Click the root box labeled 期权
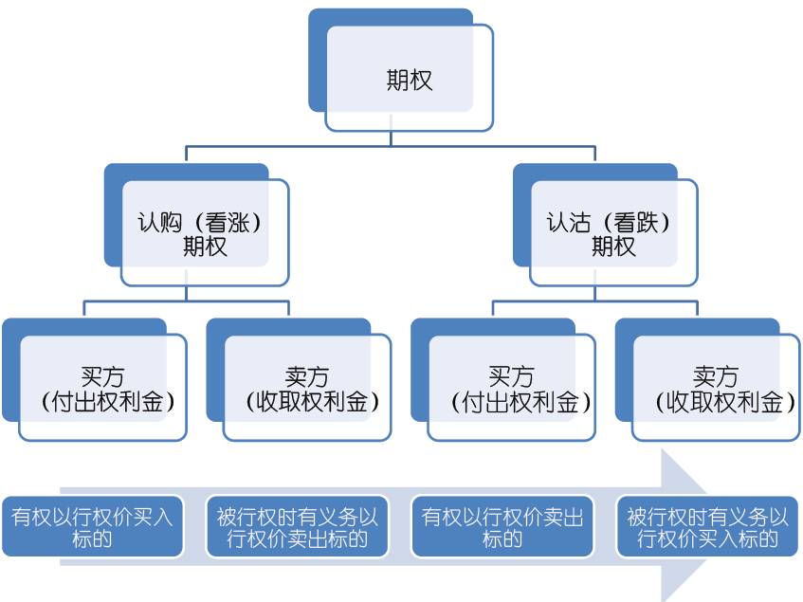coord(409,79)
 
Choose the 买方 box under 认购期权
coord(102,389)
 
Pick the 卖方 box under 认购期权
coord(307,389)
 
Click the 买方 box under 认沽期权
coord(512,389)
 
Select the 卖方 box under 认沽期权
coord(716,389)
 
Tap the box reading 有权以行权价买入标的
coord(92,527)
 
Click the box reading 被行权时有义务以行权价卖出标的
coord(297,527)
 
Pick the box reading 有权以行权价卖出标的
coord(502,527)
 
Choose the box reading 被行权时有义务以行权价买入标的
coord(706,527)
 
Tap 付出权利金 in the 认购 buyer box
coord(102,402)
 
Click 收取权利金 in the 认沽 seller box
coord(716,402)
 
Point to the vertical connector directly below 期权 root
coord(391,138)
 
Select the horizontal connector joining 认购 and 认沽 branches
coord(391,147)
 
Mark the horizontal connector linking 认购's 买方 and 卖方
coord(186,301)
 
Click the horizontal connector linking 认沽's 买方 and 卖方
coord(594,301)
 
